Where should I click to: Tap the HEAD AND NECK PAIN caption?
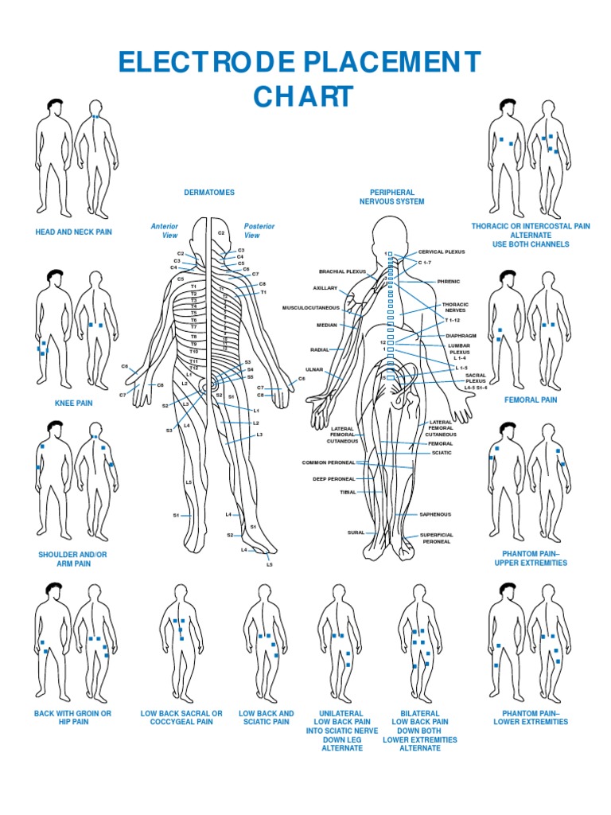click(x=73, y=232)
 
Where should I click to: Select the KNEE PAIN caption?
click(x=73, y=404)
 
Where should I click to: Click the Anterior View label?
click(x=165, y=231)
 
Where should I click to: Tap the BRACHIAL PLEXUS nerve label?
click(x=342, y=271)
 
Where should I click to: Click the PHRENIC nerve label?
click(x=449, y=282)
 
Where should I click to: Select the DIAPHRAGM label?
click(x=461, y=336)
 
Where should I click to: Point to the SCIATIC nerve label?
click(x=442, y=453)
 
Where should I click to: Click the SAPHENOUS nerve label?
click(x=435, y=515)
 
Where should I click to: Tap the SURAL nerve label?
click(x=356, y=532)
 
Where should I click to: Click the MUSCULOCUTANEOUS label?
click(x=311, y=308)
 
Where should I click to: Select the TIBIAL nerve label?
click(x=348, y=493)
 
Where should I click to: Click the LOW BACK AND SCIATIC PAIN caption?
click(x=266, y=718)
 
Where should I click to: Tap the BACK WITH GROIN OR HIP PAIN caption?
click(x=72, y=718)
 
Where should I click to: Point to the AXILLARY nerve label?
click(x=325, y=288)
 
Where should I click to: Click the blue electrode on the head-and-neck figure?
click(x=95, y=117)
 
